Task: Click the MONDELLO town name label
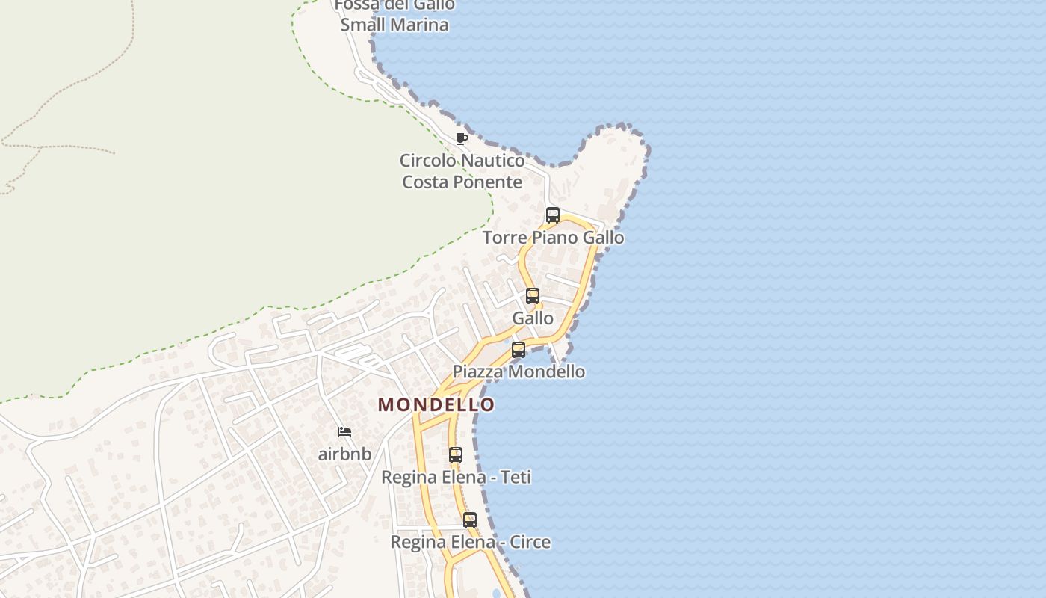click(436, 404)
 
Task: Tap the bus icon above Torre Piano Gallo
click(553, 215)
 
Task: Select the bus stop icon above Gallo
click(533, 295)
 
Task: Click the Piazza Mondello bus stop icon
click(519, 349)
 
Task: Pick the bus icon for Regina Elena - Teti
click(456, 454)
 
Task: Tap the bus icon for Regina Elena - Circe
click(470, 520)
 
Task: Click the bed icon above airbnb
click(344, 432)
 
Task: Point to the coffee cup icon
click(462, 138)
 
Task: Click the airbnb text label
click(344, 454)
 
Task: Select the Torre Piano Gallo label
click(553, 238)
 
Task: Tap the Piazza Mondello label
click(519, 372)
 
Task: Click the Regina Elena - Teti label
click(456, 477)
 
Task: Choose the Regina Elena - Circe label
click(470, 542)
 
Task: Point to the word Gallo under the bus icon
click(533, 318)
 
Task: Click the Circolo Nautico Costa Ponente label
click(462, 171)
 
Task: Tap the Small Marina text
click(394, 25)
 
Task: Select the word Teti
click(516, 477)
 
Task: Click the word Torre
click(504, 238)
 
